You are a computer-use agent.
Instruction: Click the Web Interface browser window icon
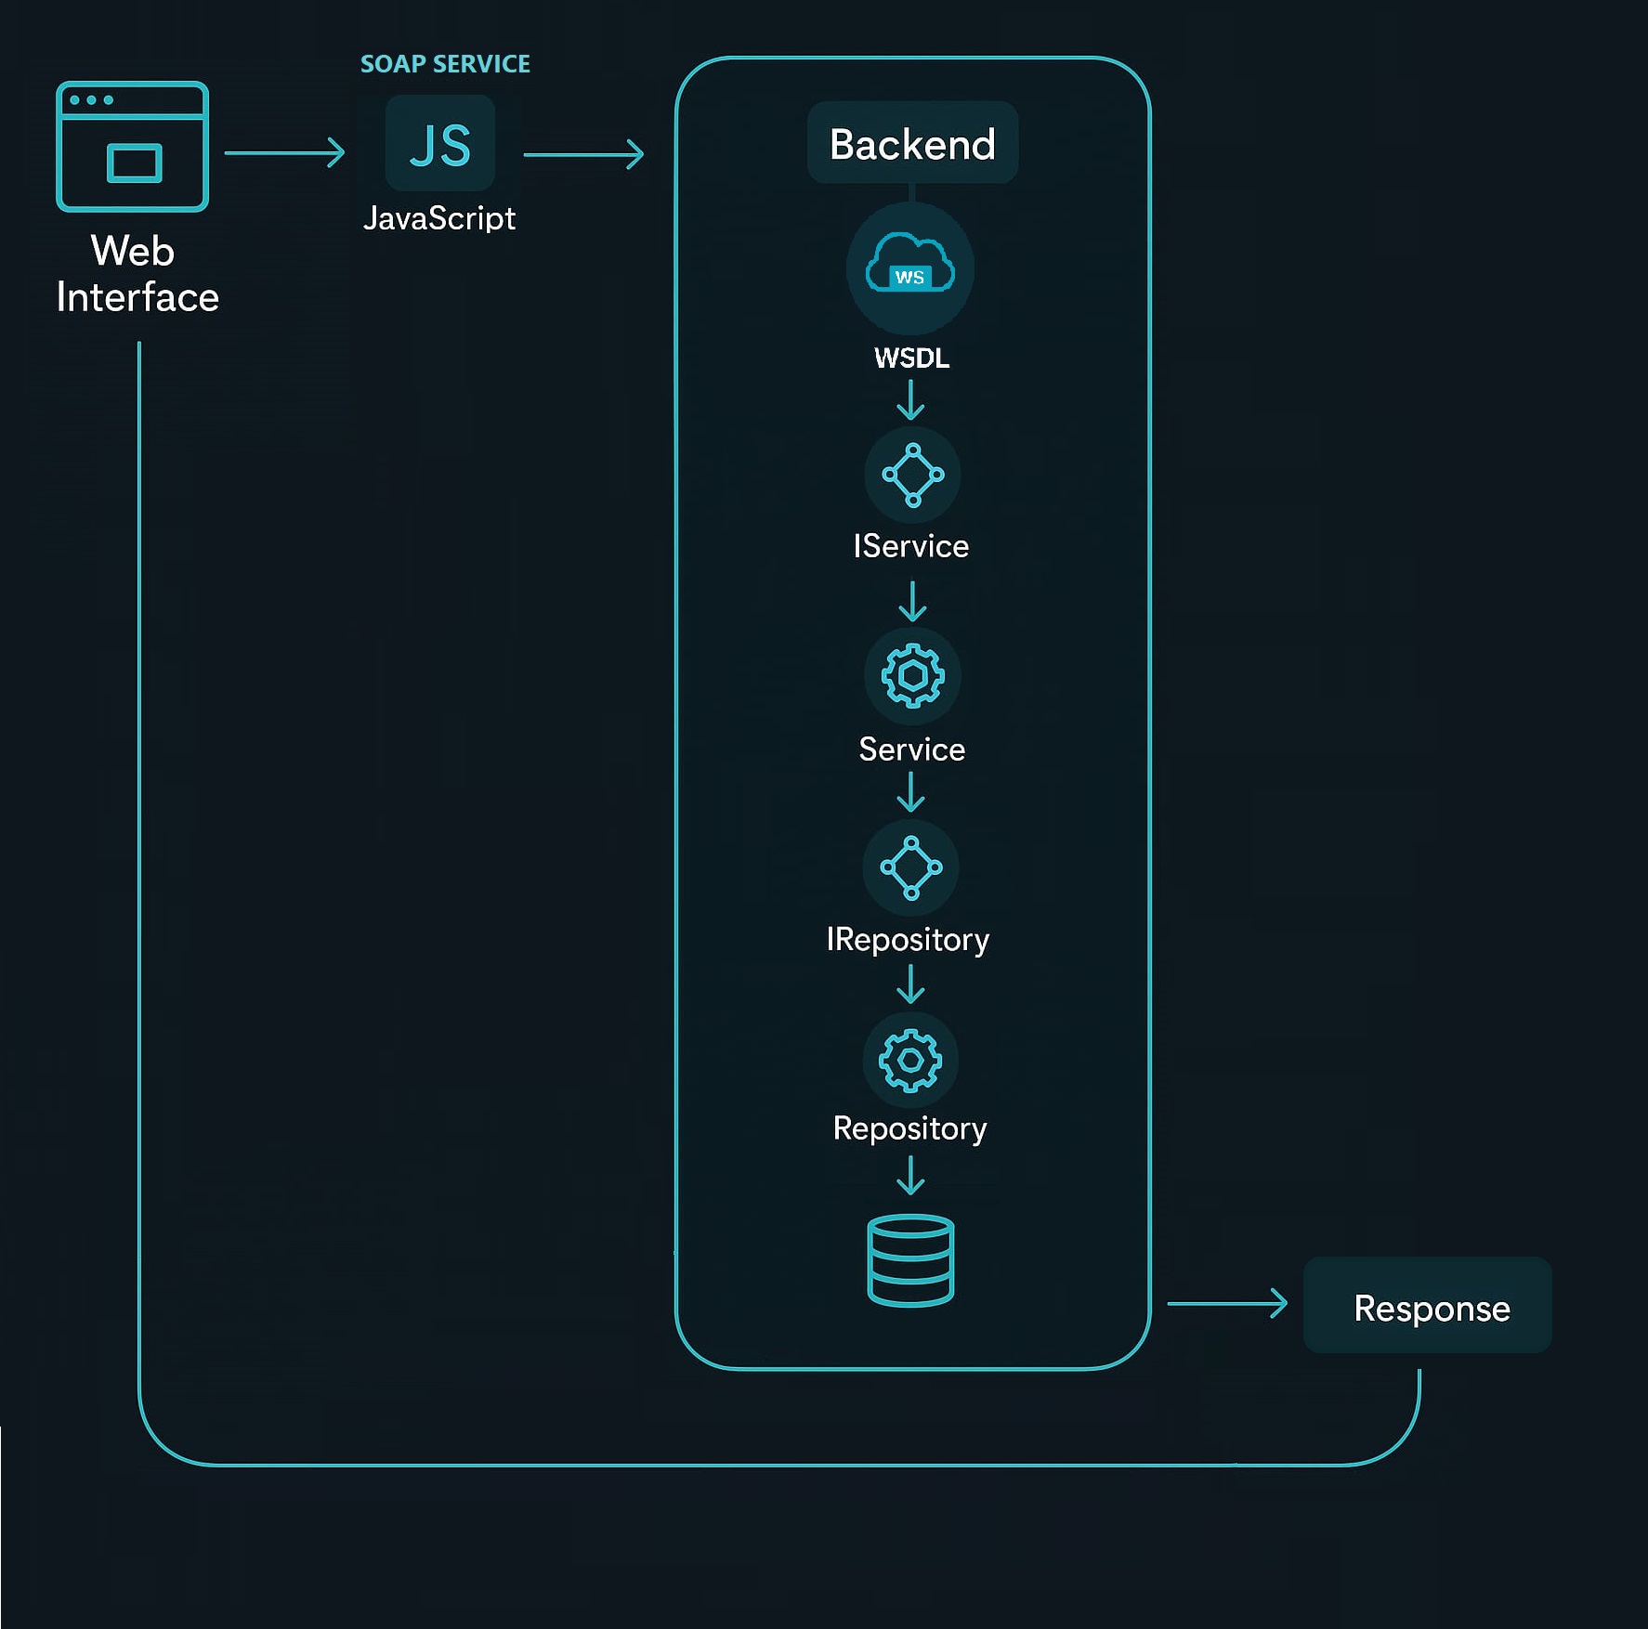(132, 147)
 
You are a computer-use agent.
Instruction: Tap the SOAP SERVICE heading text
(445, 64)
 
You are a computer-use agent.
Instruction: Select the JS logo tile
(440, 144)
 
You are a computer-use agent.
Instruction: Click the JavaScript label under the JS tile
(439, 218)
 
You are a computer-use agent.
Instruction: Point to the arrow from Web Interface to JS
(284, 152)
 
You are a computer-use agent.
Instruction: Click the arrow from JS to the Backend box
(583, 154)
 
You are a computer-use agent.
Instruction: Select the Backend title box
(912, 144)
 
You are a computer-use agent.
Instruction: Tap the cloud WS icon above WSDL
(909, 267)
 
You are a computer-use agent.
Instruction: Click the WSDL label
(911, 358)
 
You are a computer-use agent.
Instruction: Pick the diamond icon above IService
(912, 475)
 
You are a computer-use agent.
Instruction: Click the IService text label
(910, 546)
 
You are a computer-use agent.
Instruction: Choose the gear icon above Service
(912, 675)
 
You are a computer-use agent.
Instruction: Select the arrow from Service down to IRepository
(910, 792)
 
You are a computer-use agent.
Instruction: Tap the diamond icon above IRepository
(910, 867)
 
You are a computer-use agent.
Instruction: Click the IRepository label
(908, 939)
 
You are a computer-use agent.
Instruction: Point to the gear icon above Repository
(909, 1060)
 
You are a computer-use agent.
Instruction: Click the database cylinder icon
(910, 1260)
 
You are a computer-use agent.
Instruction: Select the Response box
(1428, 1306)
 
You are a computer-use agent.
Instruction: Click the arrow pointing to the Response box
(1226, 1304)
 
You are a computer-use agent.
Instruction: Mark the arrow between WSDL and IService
(910, 400)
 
